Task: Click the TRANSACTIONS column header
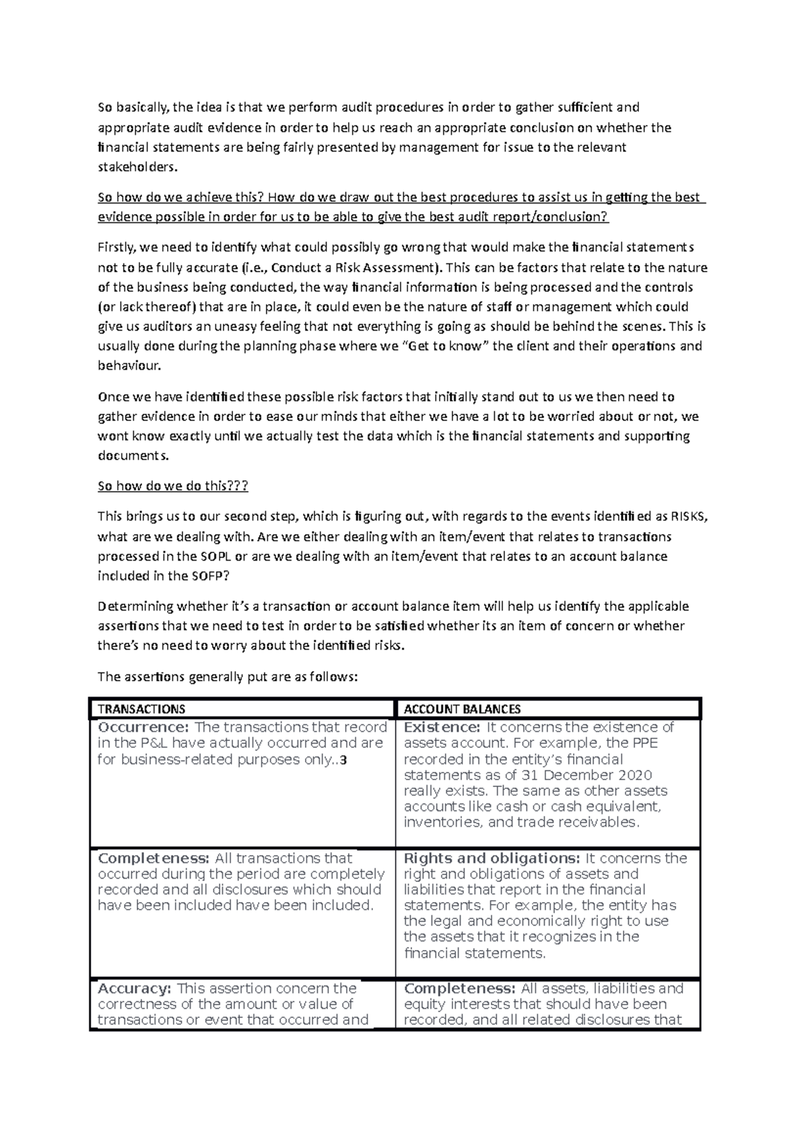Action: coord(141,709)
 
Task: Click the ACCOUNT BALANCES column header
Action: coord(462,709)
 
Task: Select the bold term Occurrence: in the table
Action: coord(143,728)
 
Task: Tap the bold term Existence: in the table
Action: coord(442,728)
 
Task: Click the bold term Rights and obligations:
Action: coord(492,858)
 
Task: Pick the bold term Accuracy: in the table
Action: coord(135,988)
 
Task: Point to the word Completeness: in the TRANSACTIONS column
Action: coord(154,858)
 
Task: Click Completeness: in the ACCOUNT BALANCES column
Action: coord(459,988)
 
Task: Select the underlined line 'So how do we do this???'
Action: coord(173,486)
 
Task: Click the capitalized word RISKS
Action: coord(688,517)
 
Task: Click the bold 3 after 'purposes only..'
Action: coord(343,760)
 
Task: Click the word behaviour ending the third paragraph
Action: coord(129,366)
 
